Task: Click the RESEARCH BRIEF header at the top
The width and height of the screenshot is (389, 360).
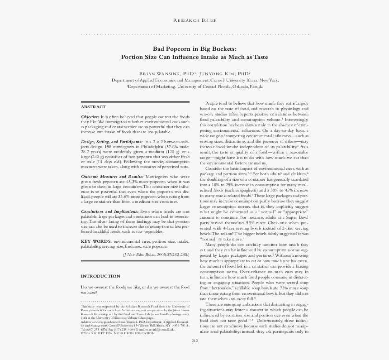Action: (194, 20)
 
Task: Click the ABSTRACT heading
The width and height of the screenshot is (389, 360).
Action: (93, 107)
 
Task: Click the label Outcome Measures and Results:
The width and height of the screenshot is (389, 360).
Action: (112, 176)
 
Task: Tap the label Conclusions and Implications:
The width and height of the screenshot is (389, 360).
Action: (110, 211)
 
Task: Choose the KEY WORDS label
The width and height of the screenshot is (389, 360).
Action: (96, 242)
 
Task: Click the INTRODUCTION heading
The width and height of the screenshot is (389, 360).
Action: (100, 276)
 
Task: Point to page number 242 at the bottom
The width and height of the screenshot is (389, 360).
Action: (195, 341)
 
